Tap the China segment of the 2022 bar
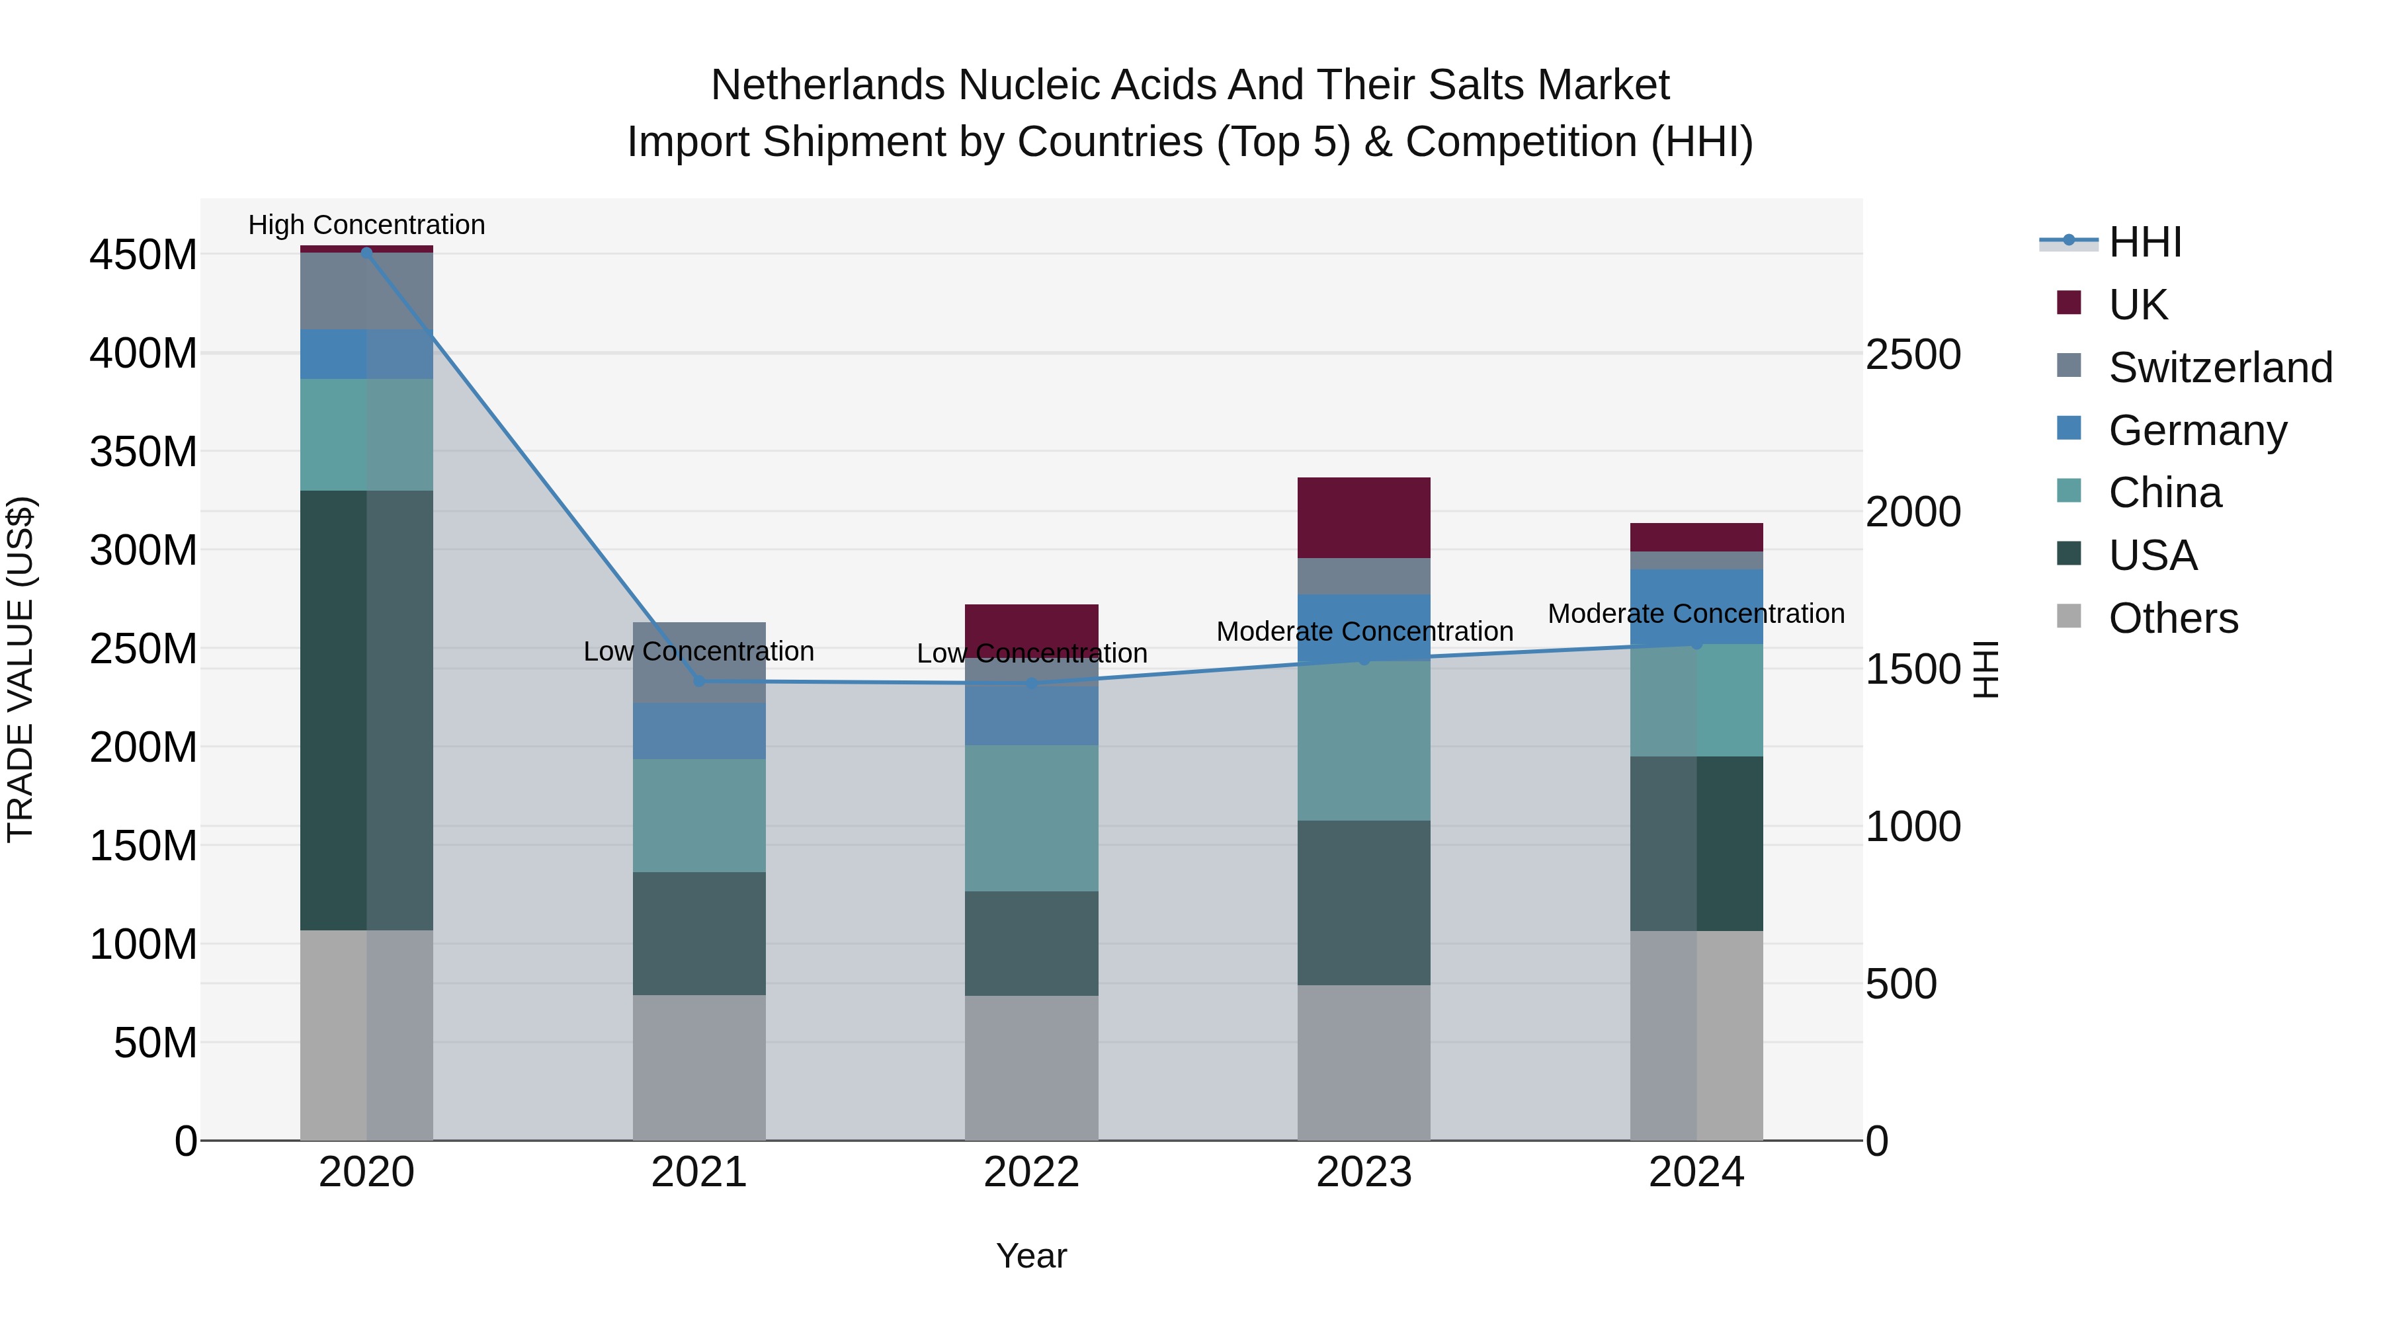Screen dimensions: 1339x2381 point(1032,818)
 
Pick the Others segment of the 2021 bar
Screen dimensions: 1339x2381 point(699,1067)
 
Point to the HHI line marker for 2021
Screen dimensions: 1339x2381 point(699,681)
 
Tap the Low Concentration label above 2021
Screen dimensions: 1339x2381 point(699,651)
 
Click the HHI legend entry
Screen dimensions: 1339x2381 point(2144,242)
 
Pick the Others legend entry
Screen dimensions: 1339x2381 point(2172,618)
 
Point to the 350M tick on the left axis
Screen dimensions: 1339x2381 point(144,452)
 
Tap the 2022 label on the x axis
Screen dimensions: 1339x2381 point(1032,1172)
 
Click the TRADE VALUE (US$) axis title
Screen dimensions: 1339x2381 point(21,669)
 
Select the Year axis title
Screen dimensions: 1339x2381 point(1032,1256)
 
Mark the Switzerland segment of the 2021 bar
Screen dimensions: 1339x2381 point(699,662)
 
